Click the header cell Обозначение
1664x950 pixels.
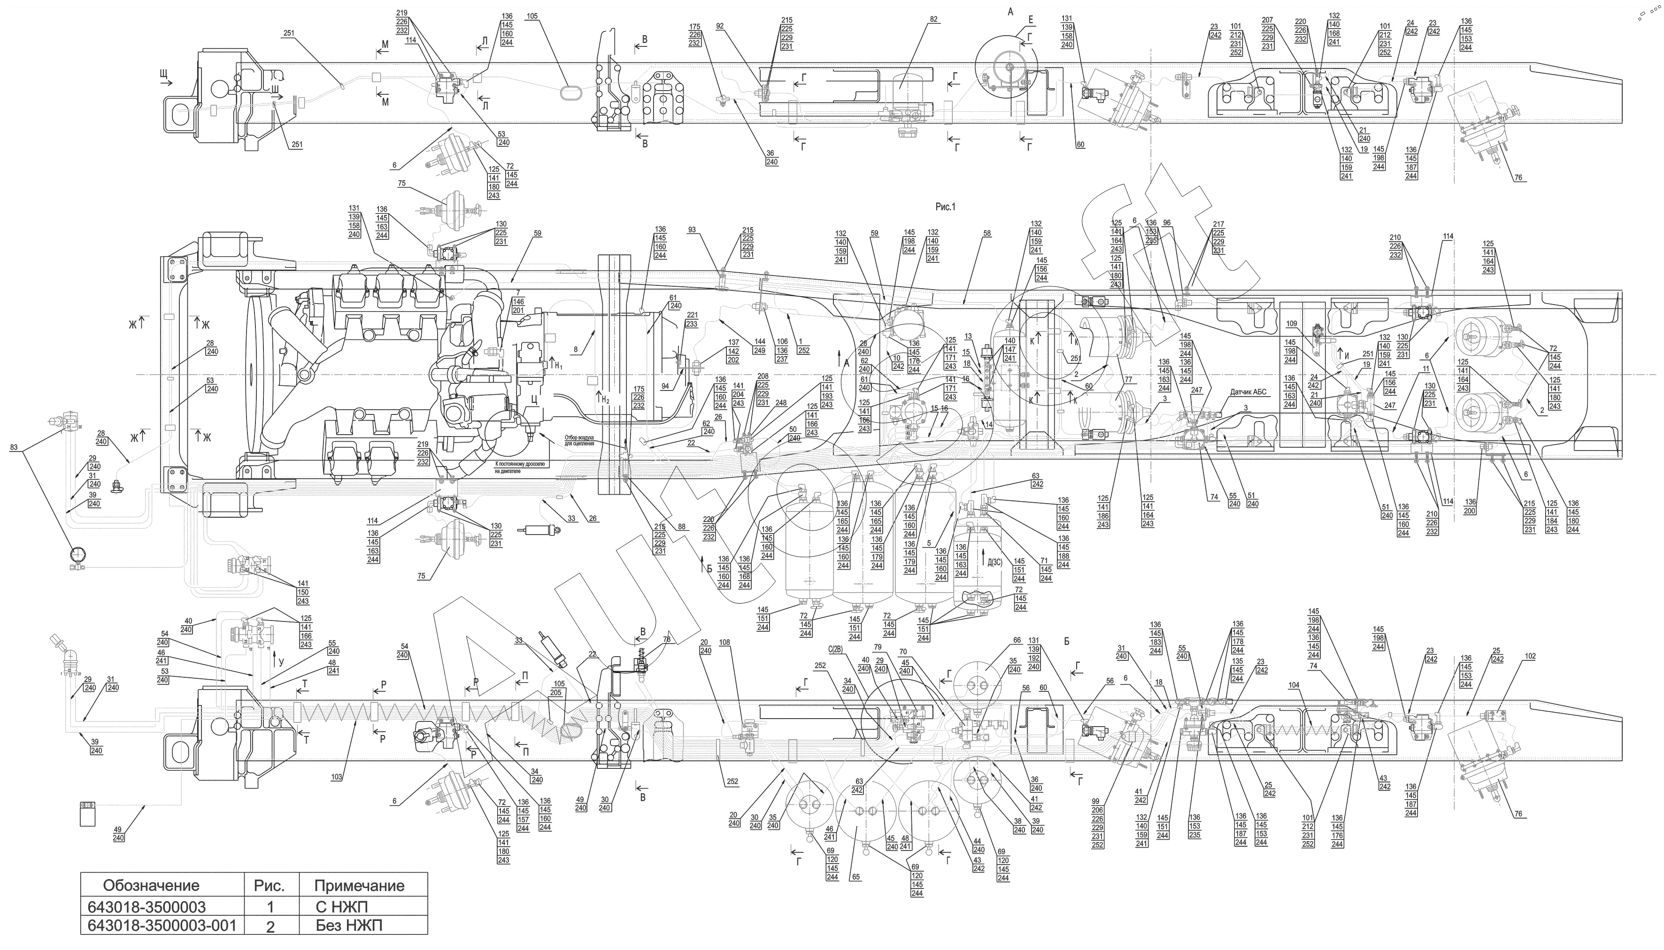[151, 885]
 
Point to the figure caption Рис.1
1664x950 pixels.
[945, 207]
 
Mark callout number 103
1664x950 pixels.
[336, 777]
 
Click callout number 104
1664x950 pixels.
[1294, 686]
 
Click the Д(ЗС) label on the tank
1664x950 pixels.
[994, 562]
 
